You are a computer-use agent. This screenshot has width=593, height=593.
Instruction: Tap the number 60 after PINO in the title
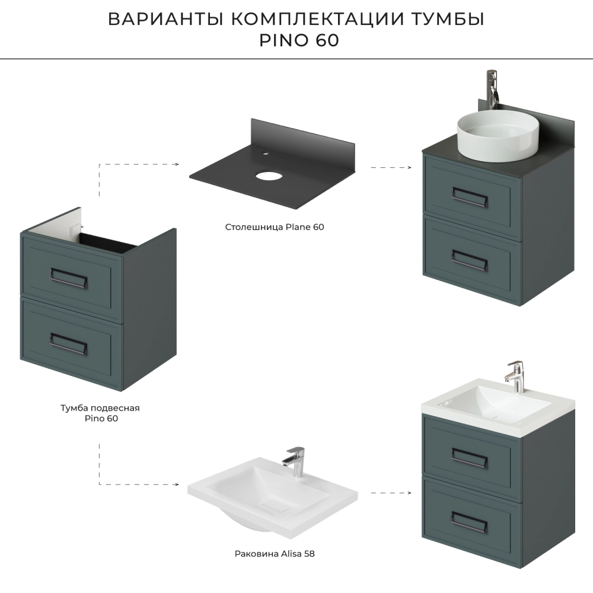327,40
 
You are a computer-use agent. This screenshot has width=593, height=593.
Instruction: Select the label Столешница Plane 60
275,227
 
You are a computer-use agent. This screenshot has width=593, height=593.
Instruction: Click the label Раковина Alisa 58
275,554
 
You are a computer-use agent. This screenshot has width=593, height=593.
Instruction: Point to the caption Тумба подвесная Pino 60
100,413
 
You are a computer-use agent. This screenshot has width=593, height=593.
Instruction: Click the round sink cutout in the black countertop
268,176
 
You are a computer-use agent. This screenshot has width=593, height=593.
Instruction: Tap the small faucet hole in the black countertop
266,154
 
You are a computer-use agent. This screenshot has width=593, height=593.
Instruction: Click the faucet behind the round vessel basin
492,90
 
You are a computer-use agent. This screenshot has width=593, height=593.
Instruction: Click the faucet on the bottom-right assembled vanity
514,377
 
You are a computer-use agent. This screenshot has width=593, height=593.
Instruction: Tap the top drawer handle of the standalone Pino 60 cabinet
69,278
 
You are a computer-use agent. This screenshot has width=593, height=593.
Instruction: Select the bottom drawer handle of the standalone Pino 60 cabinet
68,344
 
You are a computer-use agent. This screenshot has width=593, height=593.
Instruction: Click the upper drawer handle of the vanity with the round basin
469,197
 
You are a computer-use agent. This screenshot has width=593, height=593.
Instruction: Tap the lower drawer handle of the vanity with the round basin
469,260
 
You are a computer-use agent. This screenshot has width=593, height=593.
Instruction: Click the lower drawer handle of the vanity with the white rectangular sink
469,522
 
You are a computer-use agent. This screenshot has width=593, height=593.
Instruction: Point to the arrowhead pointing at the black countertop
177,164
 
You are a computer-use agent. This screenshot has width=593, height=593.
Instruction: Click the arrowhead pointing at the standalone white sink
177,484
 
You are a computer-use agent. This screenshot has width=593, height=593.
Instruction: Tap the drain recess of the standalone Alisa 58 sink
276,505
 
